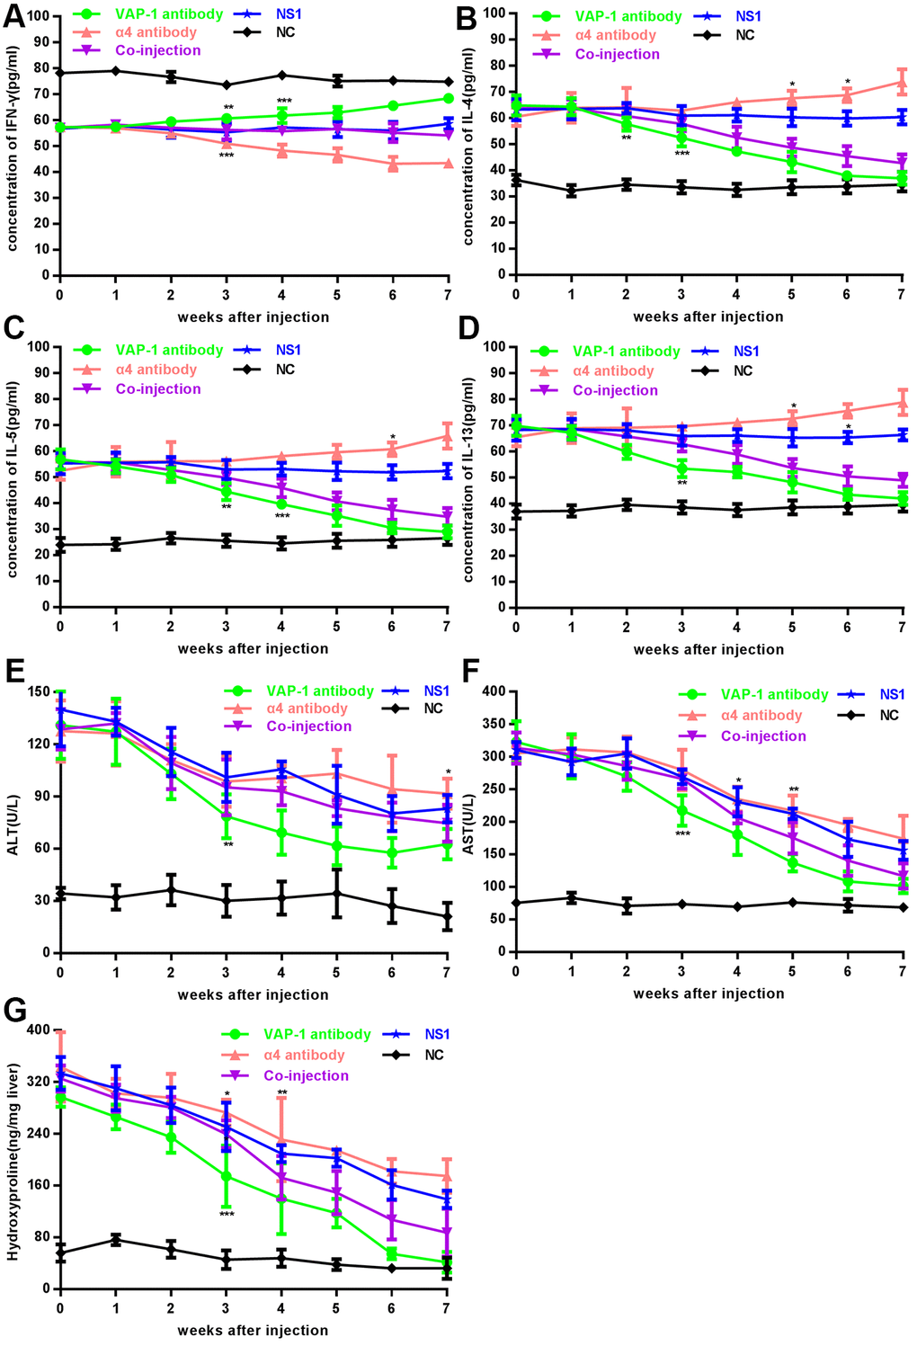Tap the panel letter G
click(x=14, y=1012)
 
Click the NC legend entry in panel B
click(x=744, y=35)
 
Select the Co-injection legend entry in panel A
click(x=158, y=50)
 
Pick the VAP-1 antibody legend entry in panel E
click(x=319, y=691)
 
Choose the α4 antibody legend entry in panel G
click(x=305, y=1055)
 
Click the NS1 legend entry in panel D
click(x=745, y=351)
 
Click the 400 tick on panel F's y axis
click(x=494, y=691)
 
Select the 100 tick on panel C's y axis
click(x=40, y=346)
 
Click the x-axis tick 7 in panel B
click(x=901, y=294)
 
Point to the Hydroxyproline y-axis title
click(x=14, y=1160)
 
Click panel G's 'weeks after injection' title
click(x=253, y=1330)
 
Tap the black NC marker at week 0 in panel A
click(x=59, y=73)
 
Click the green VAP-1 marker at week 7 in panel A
click(x=448, y=98)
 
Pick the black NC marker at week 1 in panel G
click(x=115, y=1239)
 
